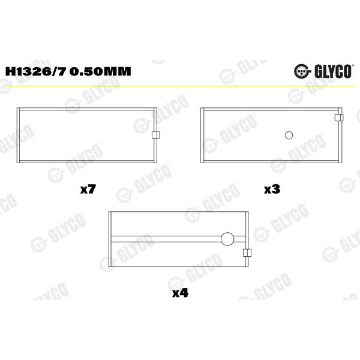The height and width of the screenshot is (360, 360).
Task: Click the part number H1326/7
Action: pos(36,71)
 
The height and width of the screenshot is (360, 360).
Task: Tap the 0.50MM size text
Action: pos(100,71)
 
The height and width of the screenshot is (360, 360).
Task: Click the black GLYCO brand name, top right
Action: pos(332,71)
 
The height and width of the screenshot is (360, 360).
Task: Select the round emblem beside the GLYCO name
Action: pos(302,71)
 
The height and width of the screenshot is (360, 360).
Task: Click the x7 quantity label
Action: pos(88,190)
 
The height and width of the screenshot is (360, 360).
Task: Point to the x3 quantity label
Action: pos(272,190)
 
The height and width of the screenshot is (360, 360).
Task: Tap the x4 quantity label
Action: pos(180,293)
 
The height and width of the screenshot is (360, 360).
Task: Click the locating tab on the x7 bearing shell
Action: pos(155,135)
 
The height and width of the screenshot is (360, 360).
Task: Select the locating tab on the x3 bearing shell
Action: pos(339,118)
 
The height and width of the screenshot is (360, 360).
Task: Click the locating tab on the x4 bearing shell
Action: pos(247,253)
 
